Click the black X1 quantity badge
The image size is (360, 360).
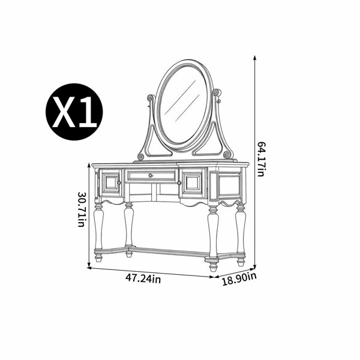[x=74, y=112]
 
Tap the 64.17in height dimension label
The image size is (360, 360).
[x=262, y=159]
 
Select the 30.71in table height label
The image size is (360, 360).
[x=82, y=209]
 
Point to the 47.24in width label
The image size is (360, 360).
[x=143, y=279]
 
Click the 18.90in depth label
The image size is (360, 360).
[x=239, y=279]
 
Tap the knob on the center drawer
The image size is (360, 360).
[x=151, y=176]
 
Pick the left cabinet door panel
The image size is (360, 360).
[x=111, y=183]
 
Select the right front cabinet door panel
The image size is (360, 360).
[x=193, y=183]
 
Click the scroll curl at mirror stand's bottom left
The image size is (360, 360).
[x=141, y=157]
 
